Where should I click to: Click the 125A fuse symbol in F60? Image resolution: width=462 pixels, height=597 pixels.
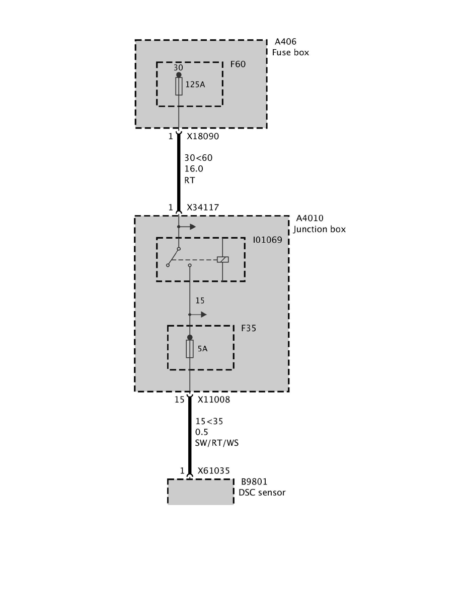(179, 86)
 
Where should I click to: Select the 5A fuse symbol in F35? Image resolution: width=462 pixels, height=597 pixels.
(190, 349)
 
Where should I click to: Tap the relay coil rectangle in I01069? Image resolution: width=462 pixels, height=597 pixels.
(222, 259)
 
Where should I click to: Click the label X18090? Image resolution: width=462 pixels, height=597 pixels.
(203, 136)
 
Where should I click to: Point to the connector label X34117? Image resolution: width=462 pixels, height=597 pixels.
(203, 207)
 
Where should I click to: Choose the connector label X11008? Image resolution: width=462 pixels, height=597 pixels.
(213, 400)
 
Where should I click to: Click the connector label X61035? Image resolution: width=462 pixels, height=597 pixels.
(213, 471)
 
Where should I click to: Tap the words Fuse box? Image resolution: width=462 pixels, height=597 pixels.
(290, 52)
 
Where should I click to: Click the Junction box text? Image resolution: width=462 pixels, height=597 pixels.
(320, 229)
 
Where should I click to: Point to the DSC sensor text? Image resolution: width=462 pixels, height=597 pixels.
(262, 492)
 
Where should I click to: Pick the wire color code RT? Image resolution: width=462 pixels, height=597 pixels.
(190, 179)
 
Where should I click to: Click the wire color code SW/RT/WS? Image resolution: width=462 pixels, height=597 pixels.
(217, 443)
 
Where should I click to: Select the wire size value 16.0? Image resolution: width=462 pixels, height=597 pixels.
(194, 169)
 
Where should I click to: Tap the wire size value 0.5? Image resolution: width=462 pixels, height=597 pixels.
(202, 432)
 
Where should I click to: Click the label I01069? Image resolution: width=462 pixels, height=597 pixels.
(268, 240)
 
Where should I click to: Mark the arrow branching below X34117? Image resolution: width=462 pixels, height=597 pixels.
(191, 227)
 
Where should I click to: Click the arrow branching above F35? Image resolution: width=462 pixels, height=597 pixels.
(202, 315)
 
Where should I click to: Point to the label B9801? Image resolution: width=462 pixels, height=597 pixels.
(254, 481)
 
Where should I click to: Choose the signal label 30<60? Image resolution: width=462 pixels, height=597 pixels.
(198, 158)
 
